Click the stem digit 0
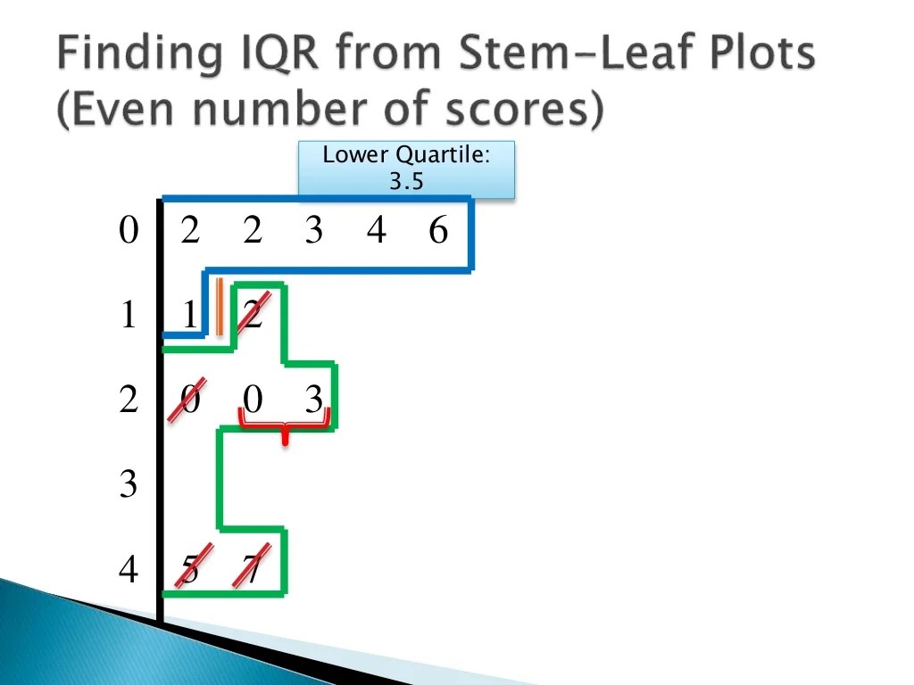129,232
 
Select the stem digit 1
129,316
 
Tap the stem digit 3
129,485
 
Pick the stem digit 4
129,569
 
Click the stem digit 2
129,400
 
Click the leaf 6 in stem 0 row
437,232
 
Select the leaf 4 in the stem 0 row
376,232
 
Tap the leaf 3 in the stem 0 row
313,232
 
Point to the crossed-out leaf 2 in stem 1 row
253,316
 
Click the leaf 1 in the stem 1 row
189,316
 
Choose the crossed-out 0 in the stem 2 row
189,400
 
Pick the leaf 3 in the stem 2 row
313,400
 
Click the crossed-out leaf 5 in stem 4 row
189,569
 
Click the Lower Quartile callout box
406,169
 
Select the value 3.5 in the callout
406,182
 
